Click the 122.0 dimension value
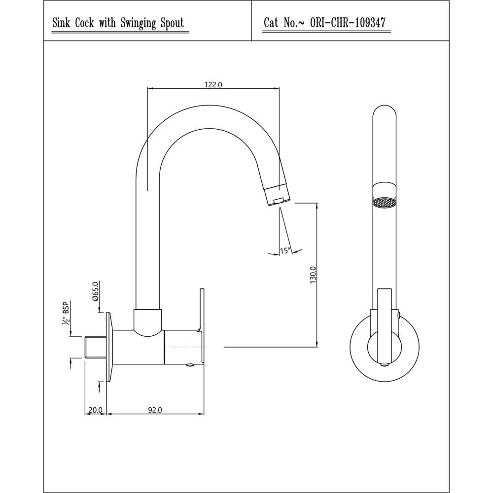click(213, 85)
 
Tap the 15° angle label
click(285, 250)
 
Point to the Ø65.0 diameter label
click(96, 291)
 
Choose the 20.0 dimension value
click(95, 410)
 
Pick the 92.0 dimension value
click(155, 410)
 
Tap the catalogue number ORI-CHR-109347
click(348, 23)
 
